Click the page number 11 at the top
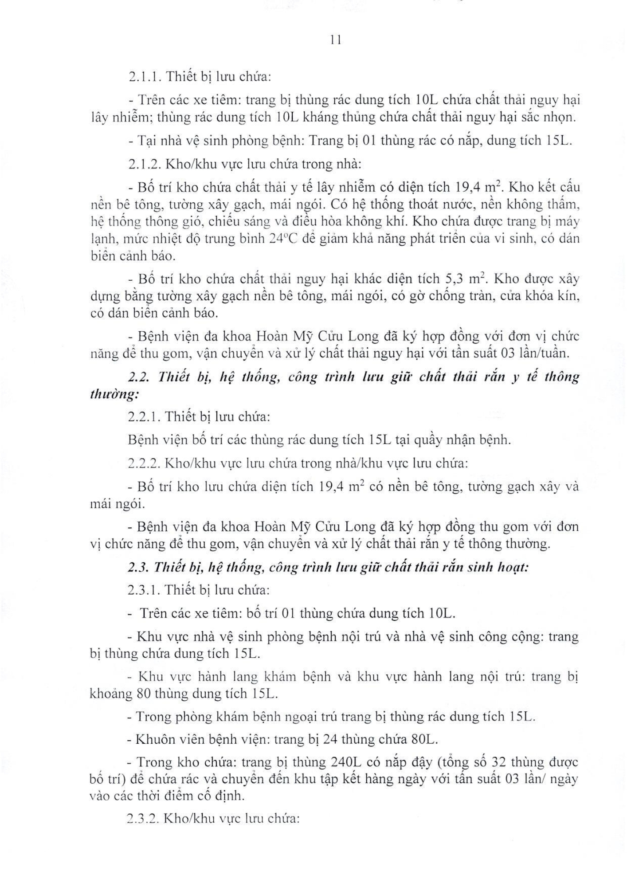tap(336, 40)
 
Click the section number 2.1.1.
tap(144, 77)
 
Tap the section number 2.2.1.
tap(144, 417)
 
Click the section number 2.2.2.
tap(145, 463)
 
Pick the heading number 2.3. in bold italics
tap(139, 567)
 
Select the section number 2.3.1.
tap(144, 590)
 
